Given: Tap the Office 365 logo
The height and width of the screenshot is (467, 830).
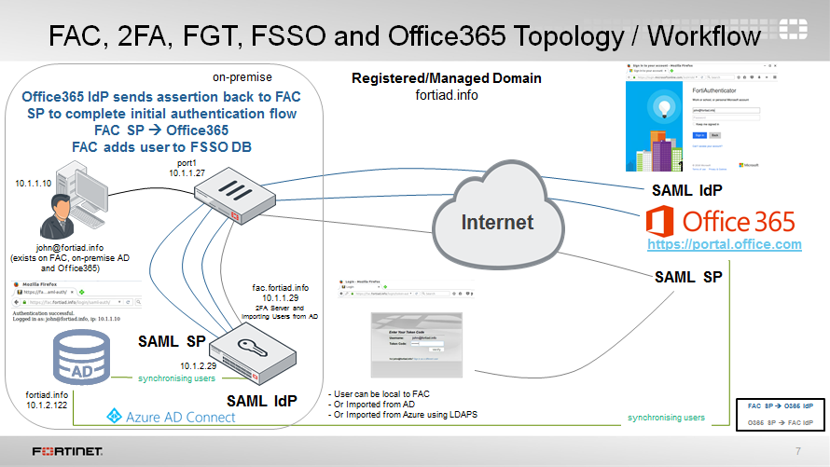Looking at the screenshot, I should click(720, 222).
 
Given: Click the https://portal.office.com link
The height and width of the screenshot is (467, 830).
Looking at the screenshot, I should click(726, 244).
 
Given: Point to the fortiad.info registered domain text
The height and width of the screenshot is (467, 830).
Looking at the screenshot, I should click(446, 94).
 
